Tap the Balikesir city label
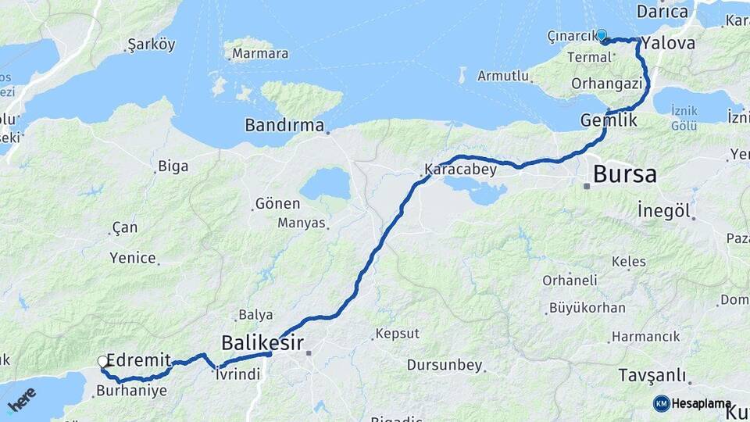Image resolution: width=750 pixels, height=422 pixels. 262,342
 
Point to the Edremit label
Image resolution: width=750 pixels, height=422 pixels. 138,360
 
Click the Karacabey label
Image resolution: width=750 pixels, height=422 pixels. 460,169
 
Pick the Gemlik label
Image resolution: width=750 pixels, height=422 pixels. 609,120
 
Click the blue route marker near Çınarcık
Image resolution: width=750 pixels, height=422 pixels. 602,35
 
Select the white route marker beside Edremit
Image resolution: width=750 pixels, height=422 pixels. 103,361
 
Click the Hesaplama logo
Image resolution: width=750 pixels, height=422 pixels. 692,403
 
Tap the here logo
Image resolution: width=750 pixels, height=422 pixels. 21,399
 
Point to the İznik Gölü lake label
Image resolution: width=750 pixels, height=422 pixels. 684,118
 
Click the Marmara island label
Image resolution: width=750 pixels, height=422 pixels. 261,54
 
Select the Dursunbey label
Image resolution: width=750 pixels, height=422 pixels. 445,365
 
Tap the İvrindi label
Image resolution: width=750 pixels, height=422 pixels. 238,374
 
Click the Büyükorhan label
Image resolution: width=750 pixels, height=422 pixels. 582,308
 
